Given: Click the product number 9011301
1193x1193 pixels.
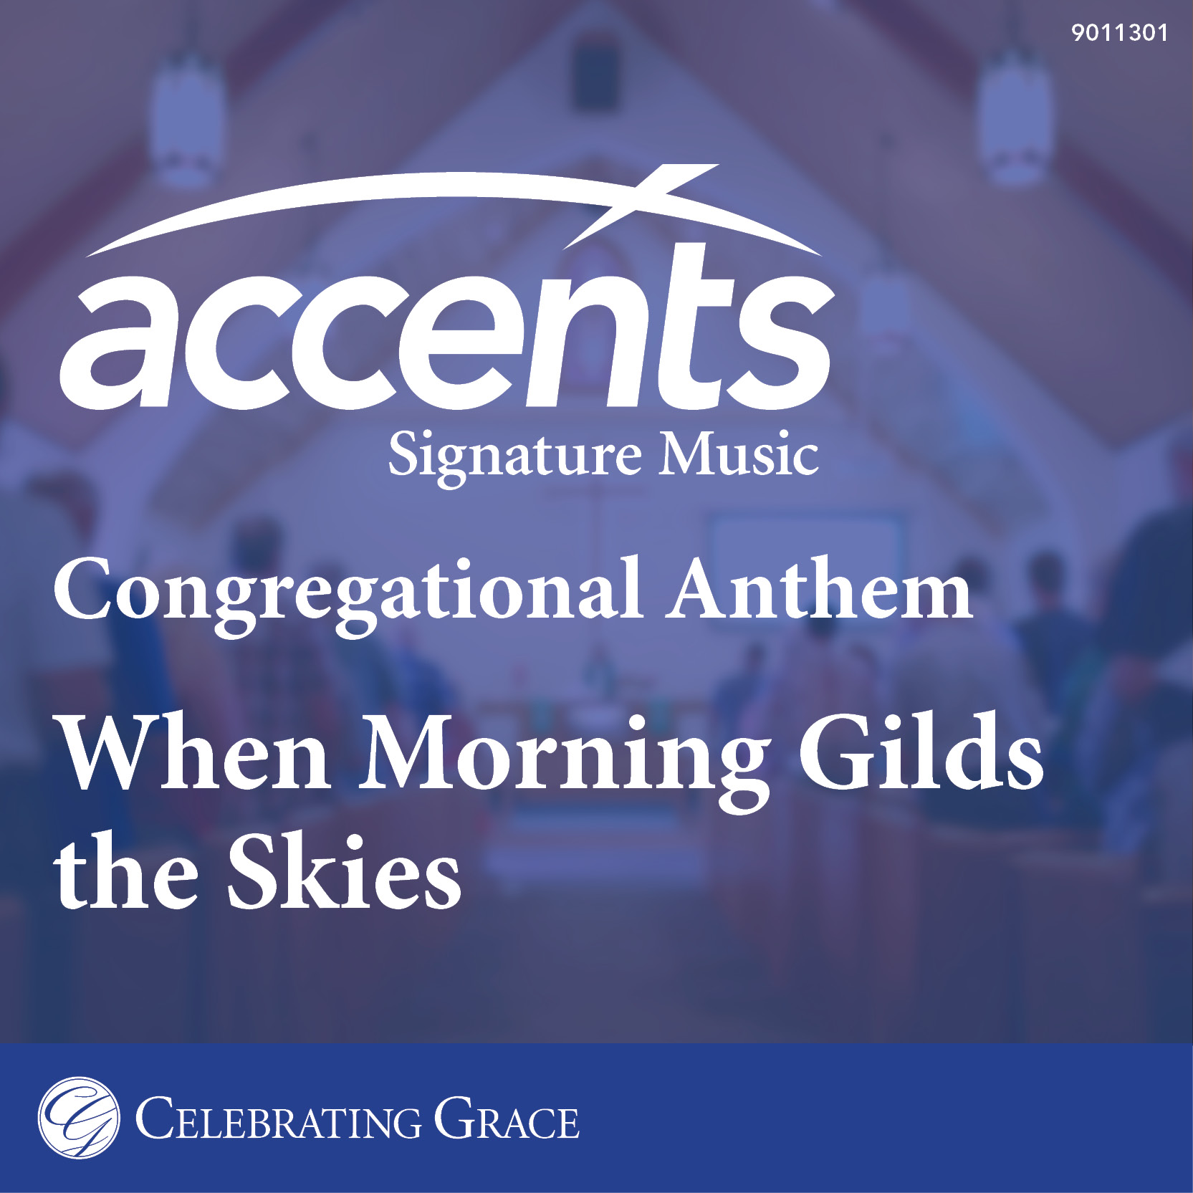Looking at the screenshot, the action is (1119, 33).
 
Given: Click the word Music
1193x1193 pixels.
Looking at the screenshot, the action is (739, 453).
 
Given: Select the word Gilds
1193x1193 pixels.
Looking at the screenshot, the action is (921, 752).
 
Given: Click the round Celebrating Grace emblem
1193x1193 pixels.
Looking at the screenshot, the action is (79, 1117).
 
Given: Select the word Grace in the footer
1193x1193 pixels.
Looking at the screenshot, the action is (507, 1117).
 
